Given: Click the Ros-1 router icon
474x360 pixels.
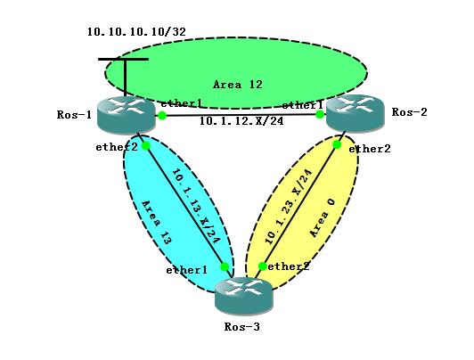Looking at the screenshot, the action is pyautogui.click(x=127, y=115).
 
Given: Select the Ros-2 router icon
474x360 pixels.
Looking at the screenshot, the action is pyautogui.click(x=355, y=113).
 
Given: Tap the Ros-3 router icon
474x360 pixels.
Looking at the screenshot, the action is pyautogui.click(x=243, y=296).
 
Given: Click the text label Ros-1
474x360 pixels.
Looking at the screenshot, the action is pyautogui.click(x=74, y=115).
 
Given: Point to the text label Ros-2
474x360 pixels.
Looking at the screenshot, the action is pyautogui.click(x=409, y=112).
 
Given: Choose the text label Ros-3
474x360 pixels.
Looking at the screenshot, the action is pyautogui.click(x=241, y=326).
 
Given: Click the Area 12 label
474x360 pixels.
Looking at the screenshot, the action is pyautogui.click(x=238, y=85).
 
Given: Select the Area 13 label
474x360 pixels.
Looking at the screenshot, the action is pyautogui.click(x=157, y=223).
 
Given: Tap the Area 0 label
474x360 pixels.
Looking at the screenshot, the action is pyautogui.click(x=323, y=218).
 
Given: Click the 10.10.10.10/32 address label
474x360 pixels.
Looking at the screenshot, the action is pyautogui.click(x=136, y=32).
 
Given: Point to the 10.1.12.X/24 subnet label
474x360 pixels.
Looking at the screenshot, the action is pyautogui.click(x=241, y=121).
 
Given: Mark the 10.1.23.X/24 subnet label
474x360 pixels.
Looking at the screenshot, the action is pyautogui.click(x=288, y=207).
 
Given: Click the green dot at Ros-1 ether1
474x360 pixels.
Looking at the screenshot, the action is pyautogui.click(x=162, y=115).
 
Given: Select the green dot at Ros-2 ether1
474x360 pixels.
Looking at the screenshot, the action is pyautogui.click(x=320, y=114).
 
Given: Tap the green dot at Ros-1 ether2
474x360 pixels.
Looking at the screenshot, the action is pyautogui.click(x=146, y=146).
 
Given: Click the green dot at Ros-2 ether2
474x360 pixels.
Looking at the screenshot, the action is pyautogui.click(x=337, y=144).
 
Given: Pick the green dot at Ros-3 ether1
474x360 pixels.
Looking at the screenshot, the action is pyautogui.click(x=225, y=267).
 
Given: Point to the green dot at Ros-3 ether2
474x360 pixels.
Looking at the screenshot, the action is pyautogui.click(x=262, y=266).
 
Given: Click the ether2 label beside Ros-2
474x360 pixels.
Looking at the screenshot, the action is pyautogui.click(x=370, y=149).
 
